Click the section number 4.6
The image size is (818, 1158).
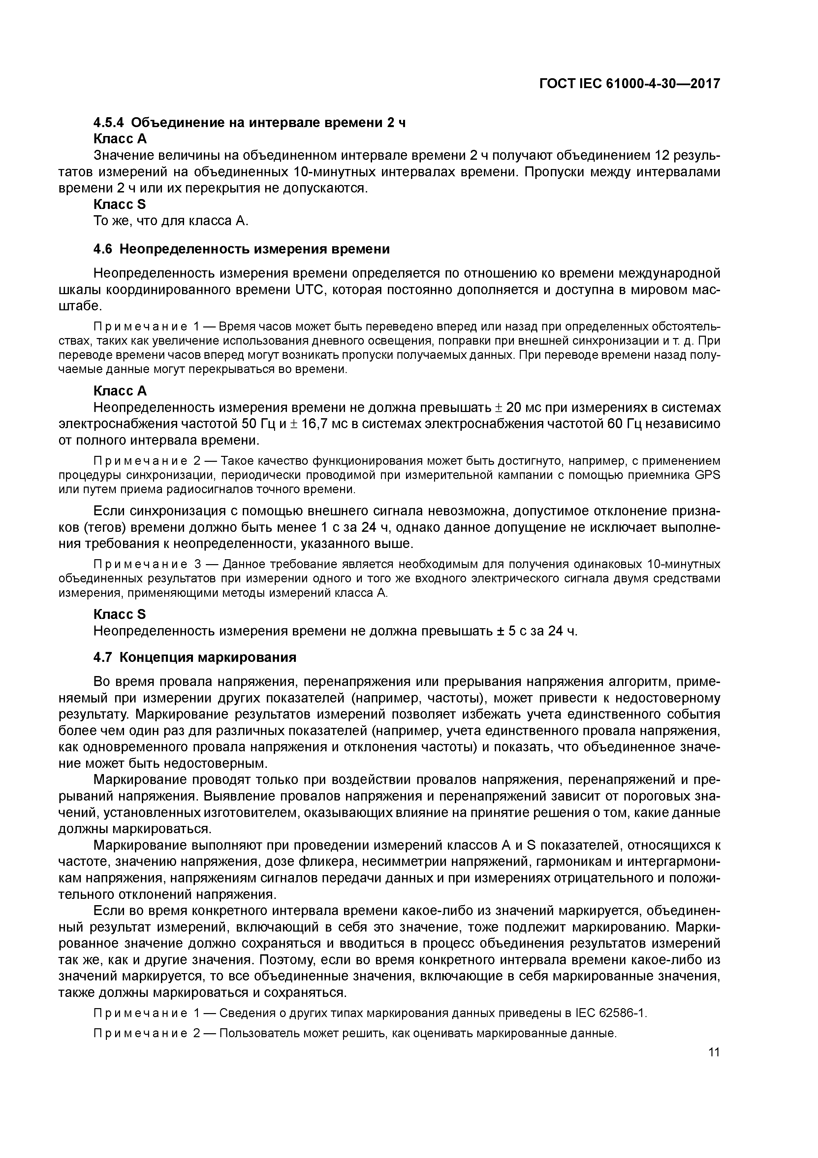coord(103,249)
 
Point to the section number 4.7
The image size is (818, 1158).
coord(103,658)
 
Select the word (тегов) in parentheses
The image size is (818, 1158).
coord(104,528)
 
